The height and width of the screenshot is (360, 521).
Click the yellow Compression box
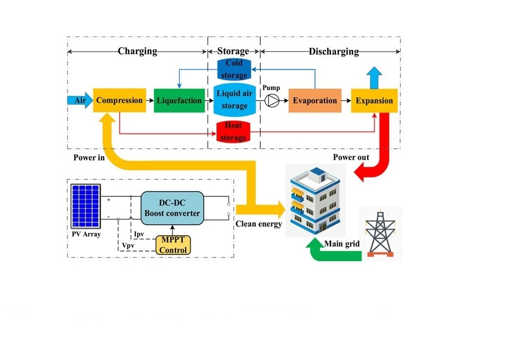click(119, 101)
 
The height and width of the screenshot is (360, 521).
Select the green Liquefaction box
click(179, 101)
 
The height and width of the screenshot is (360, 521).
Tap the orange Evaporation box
click(315, 101)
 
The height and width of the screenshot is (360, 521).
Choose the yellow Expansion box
click(374, 101)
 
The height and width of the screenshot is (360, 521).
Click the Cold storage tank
click(234, 69)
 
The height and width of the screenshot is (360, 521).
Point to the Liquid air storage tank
click(234, 99)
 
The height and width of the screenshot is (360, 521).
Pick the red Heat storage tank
click(233, 131)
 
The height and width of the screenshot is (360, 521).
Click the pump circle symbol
click(272, 101)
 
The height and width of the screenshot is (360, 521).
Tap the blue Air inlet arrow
click(80, 101)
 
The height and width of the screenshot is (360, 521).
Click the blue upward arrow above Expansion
click(374, 78)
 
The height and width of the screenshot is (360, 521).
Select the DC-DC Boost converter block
click(172, 208)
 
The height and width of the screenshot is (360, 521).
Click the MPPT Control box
click(173, 245)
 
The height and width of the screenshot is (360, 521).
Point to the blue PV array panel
click(85, 206)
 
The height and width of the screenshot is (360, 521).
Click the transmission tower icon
click(380, 234)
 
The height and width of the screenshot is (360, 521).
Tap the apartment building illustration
click(315, 200)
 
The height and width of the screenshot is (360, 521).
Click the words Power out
click(351, 157)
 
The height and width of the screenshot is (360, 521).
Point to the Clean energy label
click(259, 224)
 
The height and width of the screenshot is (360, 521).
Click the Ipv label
click(139, 234)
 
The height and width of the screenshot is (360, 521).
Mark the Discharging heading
click(334, 52)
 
